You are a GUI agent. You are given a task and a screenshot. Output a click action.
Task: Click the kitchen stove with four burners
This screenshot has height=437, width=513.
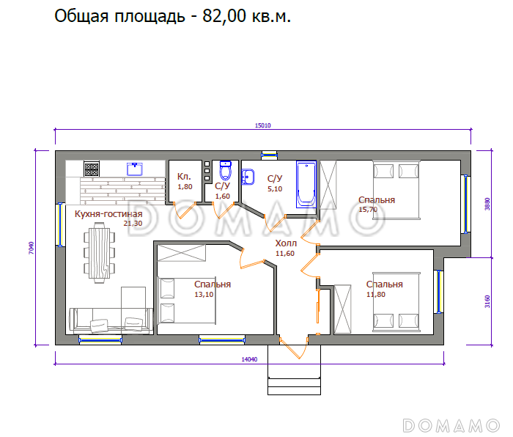(x=92, y=169)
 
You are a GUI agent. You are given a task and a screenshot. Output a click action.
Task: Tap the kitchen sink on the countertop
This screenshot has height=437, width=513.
(x=135, y=169)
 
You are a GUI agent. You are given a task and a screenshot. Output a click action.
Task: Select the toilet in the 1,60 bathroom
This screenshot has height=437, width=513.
(x=226, y=170)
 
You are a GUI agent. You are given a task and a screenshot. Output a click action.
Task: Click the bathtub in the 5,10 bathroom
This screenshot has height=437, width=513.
(x=306, y=184)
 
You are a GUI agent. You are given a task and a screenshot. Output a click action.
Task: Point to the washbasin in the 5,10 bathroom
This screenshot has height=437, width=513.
(x=248, y=177)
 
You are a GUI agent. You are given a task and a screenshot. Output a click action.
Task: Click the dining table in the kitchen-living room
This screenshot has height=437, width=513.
(x=99, y=253)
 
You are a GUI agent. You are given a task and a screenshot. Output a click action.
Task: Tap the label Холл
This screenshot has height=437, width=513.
(x=286, y=243)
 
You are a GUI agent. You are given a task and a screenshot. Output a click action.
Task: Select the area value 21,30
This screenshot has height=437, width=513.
(x=133, y=223)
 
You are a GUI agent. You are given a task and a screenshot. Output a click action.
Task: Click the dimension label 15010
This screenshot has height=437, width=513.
(x=262, y=125)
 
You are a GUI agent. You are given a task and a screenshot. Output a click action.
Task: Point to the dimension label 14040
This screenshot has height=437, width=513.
(x=249, y=359)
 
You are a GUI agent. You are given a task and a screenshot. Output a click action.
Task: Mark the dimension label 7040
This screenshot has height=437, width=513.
(x=31, y=248)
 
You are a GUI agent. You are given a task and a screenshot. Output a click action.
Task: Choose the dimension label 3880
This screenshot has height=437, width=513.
(x=487, y=204)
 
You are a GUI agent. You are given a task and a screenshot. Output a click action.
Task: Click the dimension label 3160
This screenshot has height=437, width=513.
(x=487, y=301)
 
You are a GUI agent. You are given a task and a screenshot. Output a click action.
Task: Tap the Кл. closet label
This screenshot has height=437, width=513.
(x=184, y=177)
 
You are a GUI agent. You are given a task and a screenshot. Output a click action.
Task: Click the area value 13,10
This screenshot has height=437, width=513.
(x=204, y=294)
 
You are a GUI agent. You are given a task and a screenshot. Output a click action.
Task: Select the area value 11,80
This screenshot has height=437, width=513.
(x=375, y=294)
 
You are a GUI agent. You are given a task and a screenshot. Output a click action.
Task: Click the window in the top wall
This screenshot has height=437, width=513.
(x=269, y=155)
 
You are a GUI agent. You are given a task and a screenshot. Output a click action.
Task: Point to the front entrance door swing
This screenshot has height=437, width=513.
(x=294, y=348)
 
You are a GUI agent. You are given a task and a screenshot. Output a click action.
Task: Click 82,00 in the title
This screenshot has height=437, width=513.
(x=224, y=15)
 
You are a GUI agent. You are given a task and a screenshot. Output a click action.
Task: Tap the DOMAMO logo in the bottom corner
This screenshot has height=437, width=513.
(x=451, y=425)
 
